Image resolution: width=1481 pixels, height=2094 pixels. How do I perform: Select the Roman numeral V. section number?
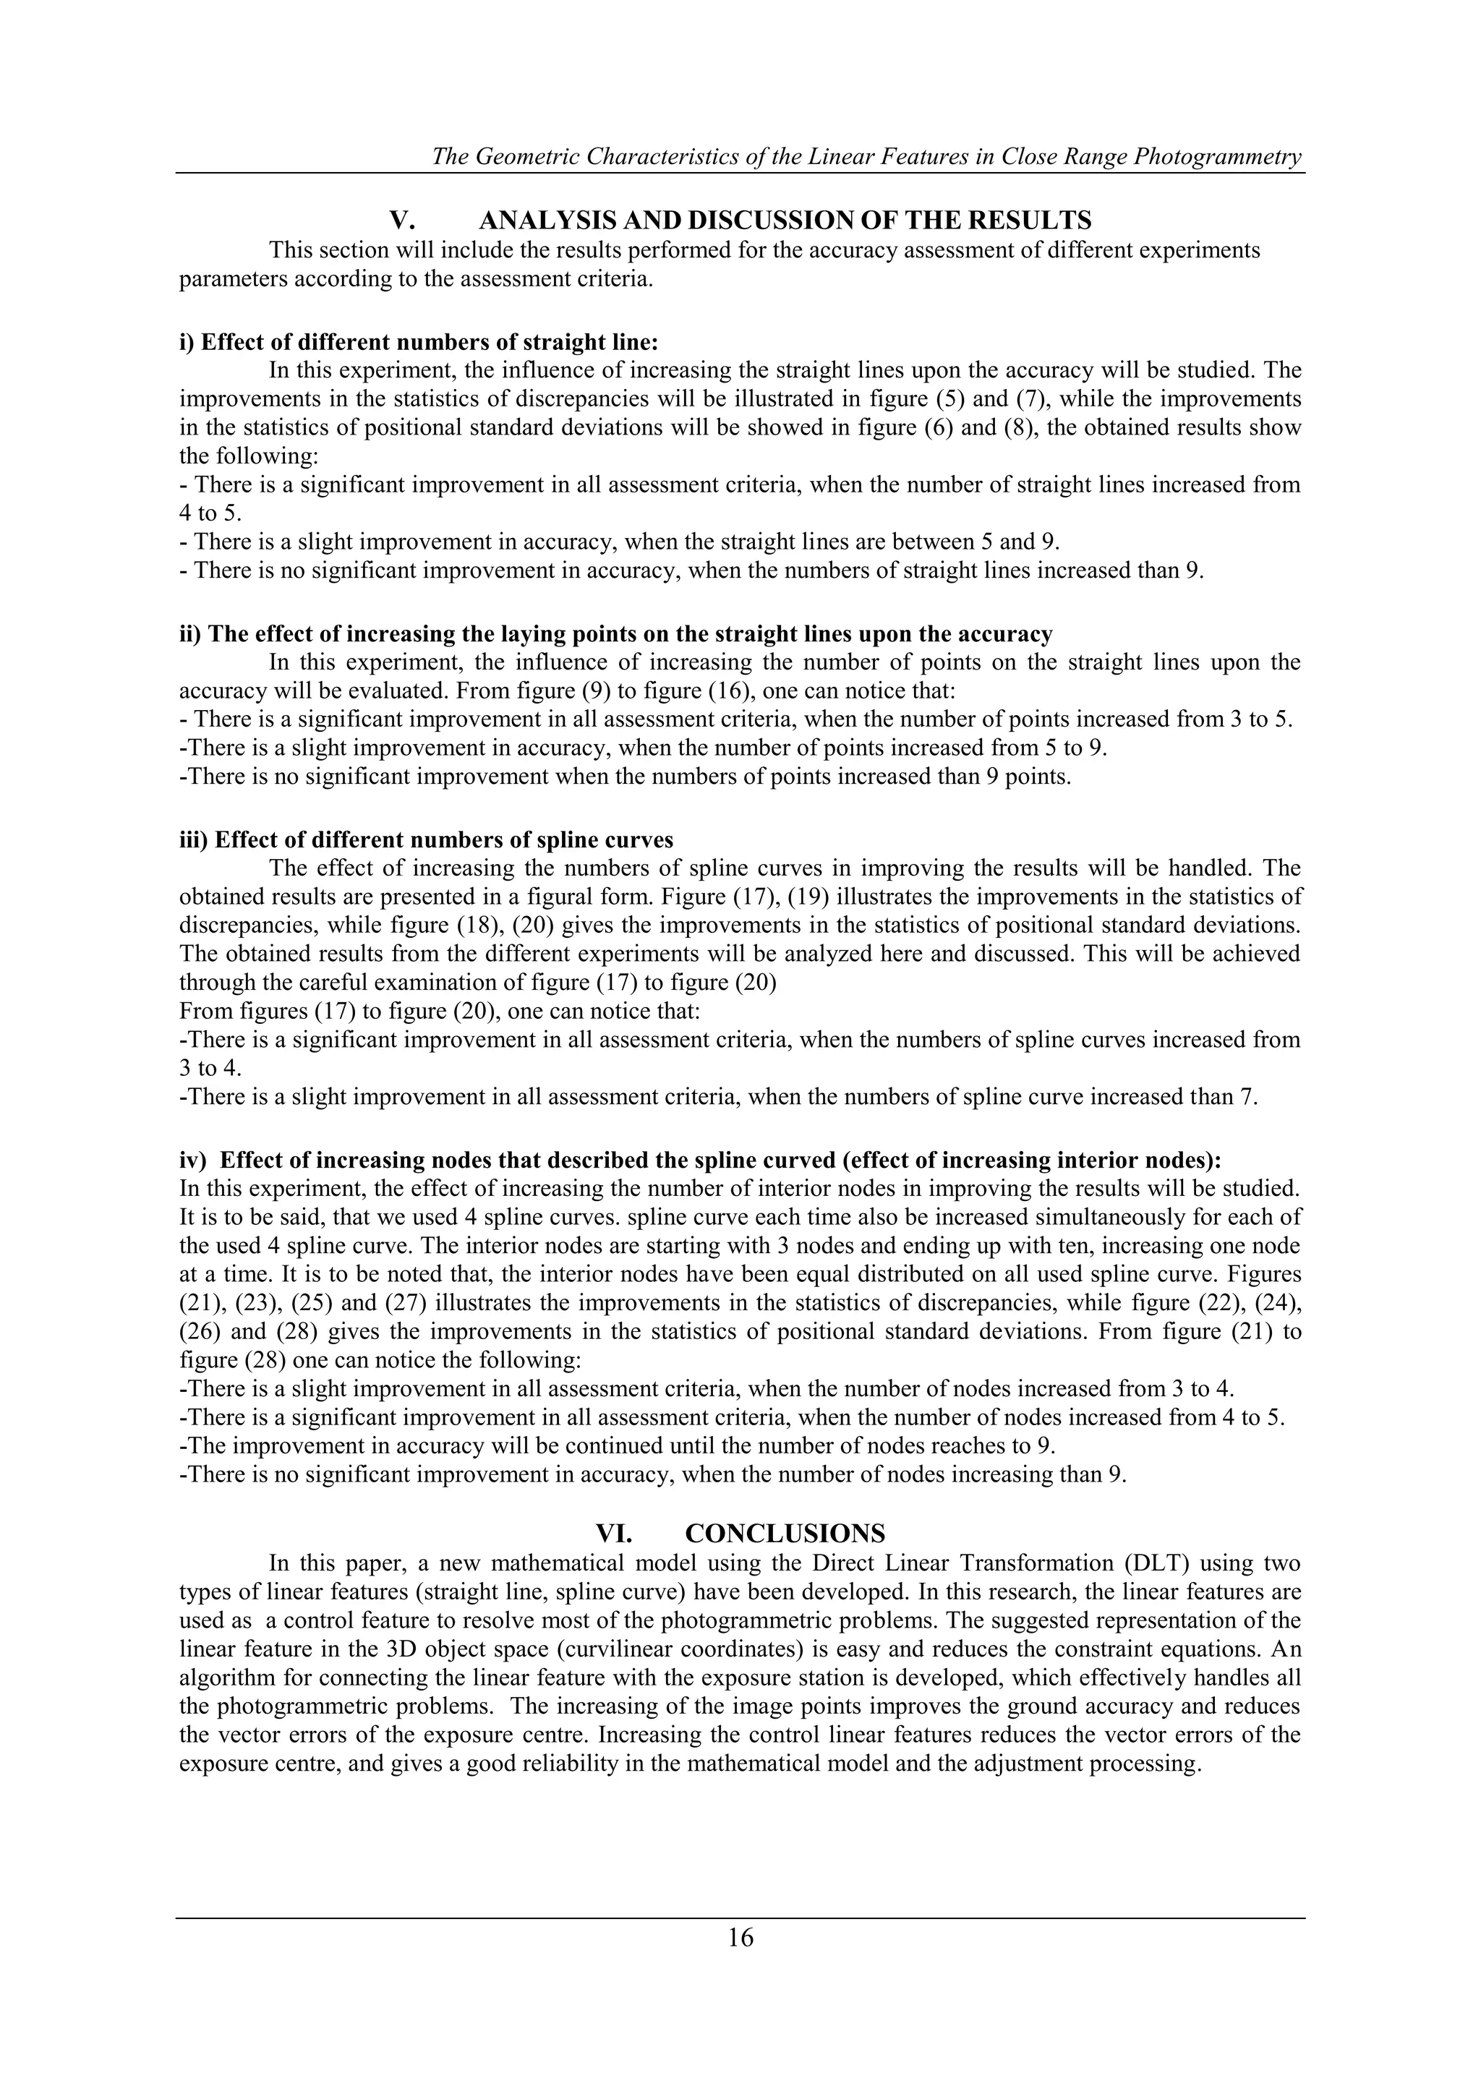tap(402, 221)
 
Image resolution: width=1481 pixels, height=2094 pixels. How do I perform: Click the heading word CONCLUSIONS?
tap(785, 1531)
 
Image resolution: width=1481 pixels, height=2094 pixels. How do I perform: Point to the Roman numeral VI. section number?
tap(614, 1531)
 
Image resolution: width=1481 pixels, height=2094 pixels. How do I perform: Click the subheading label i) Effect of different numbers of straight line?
tap(418, 342)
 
